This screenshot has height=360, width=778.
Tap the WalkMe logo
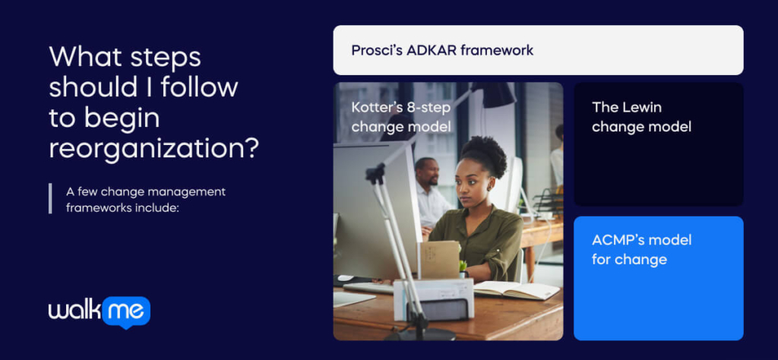pyautogui.click(x=100, y=312)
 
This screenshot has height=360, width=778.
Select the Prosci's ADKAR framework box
pyautogui.click(x=538, y=50)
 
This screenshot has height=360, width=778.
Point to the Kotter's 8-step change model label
pyautogui.click(x=401, y=117)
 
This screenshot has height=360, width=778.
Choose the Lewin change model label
pyautogui.click(x=641, y=117)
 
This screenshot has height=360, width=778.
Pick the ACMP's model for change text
pyautogui.click(x=641, y=250)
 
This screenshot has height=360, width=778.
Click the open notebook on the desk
pyautogui.click(x=516, y=289)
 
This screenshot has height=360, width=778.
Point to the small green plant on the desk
pyautogui.click(x=463, y=267)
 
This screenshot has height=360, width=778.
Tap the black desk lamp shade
pyautogui.click(x=492, y=94)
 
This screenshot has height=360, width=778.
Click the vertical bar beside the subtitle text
pyautogui.click(x=50, y=198)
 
